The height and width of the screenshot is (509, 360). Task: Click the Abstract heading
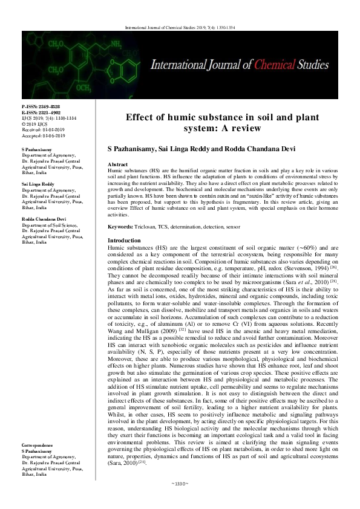(x=117, y=164)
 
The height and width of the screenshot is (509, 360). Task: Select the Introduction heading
(x=123, y=240)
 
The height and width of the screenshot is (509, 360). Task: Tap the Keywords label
(x=120, y=225)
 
